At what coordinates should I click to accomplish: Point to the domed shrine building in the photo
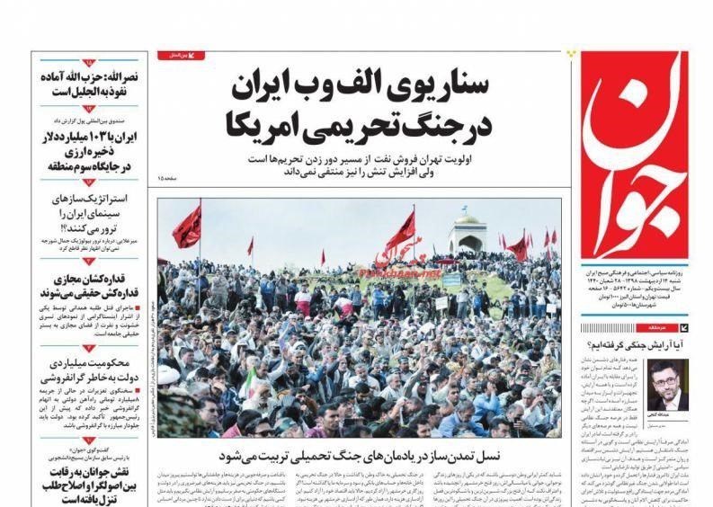click(467, 234)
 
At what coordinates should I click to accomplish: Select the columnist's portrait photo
click(668, 385)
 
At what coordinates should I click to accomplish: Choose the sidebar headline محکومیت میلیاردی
click(89, 370)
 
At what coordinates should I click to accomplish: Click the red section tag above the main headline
click(181, 56)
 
